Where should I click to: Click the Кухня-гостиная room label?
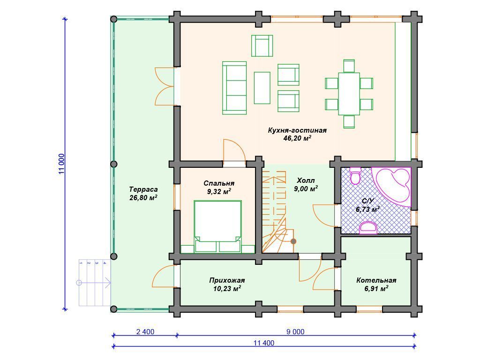click(x=297, y=130)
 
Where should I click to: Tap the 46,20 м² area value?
click(x=297, y=138)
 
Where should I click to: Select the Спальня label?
click(x=219, y=183)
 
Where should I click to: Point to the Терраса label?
click(x=143, y=189)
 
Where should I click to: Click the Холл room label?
click(x=306, y=180)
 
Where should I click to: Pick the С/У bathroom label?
click(x=367, y=201)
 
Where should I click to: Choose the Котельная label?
click(x=376, y=280)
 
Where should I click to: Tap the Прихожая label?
click(x=227, y=280)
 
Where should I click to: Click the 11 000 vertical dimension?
click(x=61, y=164)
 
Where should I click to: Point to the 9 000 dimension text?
click(x=295, y=332)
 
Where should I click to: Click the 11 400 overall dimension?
click(x=264, y=343)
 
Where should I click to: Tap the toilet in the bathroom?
click(x=355, y=176)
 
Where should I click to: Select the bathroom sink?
click(x=368, y=227)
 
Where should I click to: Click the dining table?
click(x=349, y=94)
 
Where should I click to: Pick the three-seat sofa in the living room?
click(x=234, y=88)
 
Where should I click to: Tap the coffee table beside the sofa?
click(x=262, y=88)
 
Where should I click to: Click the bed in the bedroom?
click(x=217, y=226)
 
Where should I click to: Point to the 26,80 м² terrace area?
click(x=143, y=197)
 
